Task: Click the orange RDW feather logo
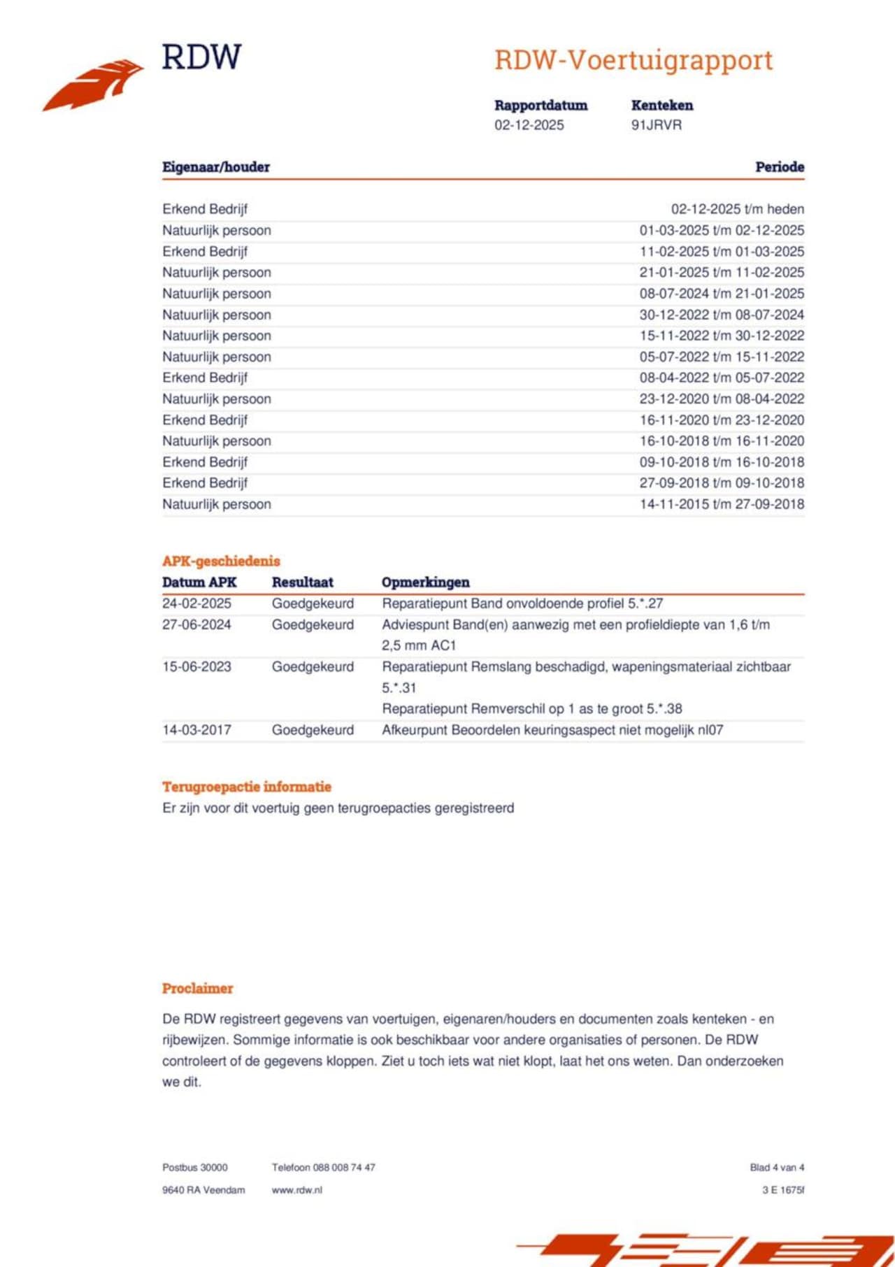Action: [x=94, y=85]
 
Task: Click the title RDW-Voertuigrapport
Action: [x=633, y=60]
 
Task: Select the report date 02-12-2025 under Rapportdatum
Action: [x=529, y=125]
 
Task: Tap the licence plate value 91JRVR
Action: [x=656, y=125]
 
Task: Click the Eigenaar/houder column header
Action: [x=216, y=167]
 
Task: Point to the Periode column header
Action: [x=779, y=167]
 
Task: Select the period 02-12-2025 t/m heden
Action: [x=737, y=209]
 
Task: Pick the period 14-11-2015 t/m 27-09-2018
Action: [x=722, y=504]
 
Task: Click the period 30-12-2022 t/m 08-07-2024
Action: [x=722, y=315]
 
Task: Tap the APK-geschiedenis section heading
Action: [x=221, y=561]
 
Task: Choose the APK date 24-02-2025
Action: [x=196, y=603]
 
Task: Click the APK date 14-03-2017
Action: [x=196, y=730]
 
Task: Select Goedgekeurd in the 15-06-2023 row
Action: [x=313, y=667]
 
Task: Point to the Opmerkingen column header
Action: [x=425, y=582]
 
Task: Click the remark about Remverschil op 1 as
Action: [x=531, y=709]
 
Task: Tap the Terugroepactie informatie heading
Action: [x=247, y=787]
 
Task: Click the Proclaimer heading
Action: [x=197, y=989]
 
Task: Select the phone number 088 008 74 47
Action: [x=344, y=1168]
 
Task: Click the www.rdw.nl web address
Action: [x=296, y=1190]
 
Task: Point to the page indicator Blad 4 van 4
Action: [x=777, y=1168]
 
